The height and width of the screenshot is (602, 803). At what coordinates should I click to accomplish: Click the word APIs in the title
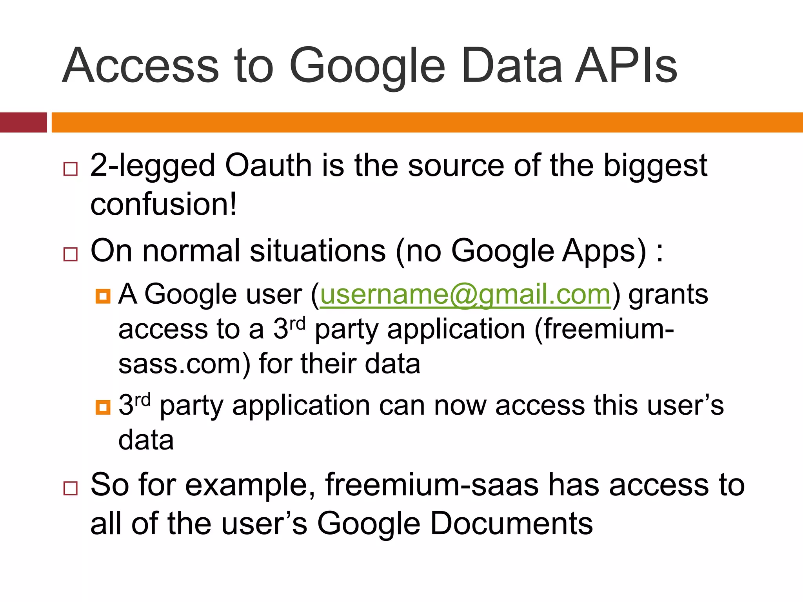[x=626, y=66]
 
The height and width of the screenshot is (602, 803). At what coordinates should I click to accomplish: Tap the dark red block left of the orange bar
[x=23, y=122]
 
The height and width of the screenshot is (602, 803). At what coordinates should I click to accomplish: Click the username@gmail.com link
[x=465, y=294]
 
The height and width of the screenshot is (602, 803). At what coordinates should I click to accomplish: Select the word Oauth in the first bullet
[x=268, y=165]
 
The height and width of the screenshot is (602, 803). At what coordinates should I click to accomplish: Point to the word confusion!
[x=164, y=204]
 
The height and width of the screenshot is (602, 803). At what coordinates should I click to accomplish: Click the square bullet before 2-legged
[x=71, y=169]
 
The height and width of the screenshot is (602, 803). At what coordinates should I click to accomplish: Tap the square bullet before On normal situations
[x=71, y=254]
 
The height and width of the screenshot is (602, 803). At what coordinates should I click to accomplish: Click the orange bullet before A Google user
[x=103, y=296]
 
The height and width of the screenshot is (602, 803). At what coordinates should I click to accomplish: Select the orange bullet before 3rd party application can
[x=103, y=407]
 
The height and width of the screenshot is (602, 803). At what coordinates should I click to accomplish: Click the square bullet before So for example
[x=71, y=488]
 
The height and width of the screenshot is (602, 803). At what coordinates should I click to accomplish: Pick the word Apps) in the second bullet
[x=604, y=252]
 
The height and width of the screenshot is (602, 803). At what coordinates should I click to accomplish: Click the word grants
[x=668, y=294]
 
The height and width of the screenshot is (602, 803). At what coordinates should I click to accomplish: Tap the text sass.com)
[x=184, y=364]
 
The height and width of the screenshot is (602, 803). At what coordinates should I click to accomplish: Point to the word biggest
[x=655, y=166]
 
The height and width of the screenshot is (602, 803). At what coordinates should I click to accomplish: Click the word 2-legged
[x=153, y=166]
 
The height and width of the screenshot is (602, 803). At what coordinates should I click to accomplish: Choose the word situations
[x=318, y=251]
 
